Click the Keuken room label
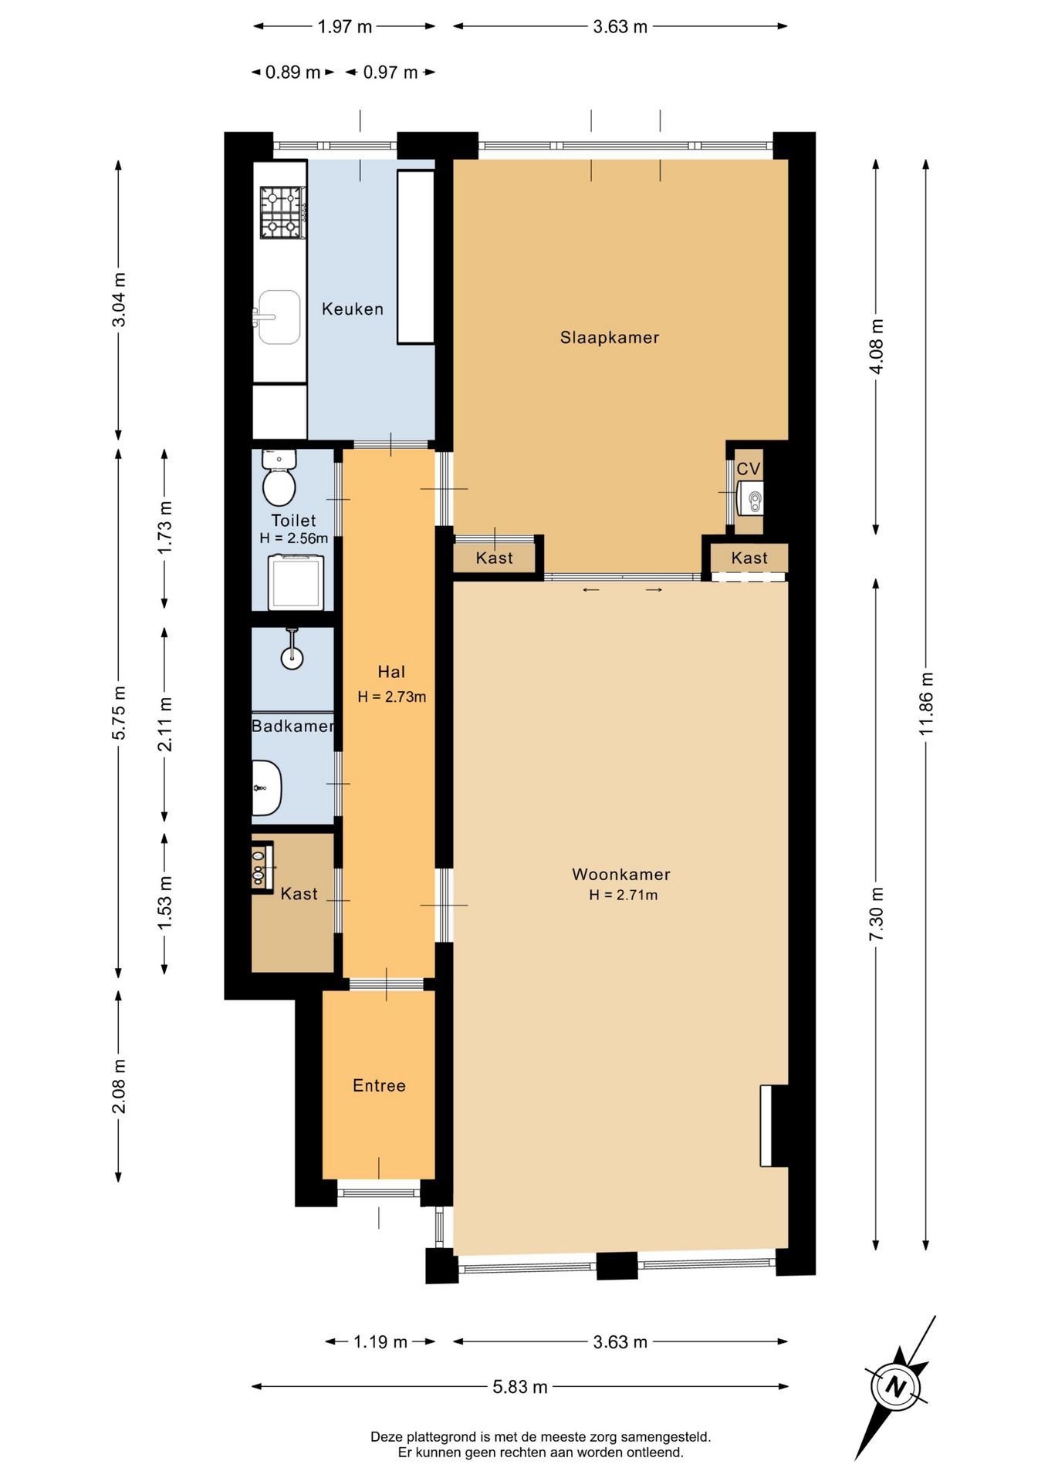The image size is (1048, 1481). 352,309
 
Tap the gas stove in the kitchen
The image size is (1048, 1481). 282,212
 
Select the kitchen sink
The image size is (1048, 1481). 277,317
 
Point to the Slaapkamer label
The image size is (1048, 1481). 610,337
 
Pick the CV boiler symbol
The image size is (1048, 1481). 751,498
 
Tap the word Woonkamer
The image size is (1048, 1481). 621,874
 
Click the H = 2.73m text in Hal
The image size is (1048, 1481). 392,697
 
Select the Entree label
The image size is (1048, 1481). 379,1085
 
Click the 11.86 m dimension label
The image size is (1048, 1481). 926,703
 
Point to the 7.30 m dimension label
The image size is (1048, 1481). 876,914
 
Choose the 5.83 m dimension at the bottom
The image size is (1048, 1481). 520,1387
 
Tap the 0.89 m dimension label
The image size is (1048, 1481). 292,73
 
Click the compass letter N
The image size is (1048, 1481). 895,1387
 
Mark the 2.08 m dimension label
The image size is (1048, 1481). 119,1086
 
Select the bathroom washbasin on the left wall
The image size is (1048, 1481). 266,788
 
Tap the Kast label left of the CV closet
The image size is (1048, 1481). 494,558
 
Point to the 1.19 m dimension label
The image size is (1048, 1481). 380,1341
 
